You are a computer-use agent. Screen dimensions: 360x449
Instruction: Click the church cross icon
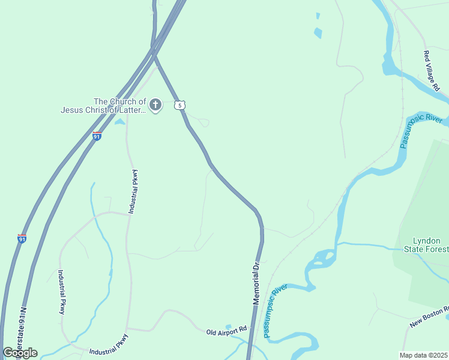(155, 106)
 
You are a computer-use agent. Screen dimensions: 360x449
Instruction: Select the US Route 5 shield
(179, 106)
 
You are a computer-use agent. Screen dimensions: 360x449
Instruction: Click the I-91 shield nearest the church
(97, 136)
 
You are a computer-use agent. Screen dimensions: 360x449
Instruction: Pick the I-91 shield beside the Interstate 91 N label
(22, 238)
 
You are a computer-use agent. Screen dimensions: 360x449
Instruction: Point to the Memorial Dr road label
(256, 282)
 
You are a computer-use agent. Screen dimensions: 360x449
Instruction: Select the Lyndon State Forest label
(427, 245)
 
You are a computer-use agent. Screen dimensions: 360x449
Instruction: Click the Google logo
(20, 352)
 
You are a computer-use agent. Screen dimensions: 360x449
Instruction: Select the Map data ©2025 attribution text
(424, 355)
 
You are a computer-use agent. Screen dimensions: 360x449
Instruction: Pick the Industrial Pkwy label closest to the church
(134, 191)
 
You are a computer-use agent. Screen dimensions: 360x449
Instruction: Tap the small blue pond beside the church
(120, 122)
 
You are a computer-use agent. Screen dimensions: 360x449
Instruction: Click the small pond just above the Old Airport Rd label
(228, 326)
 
